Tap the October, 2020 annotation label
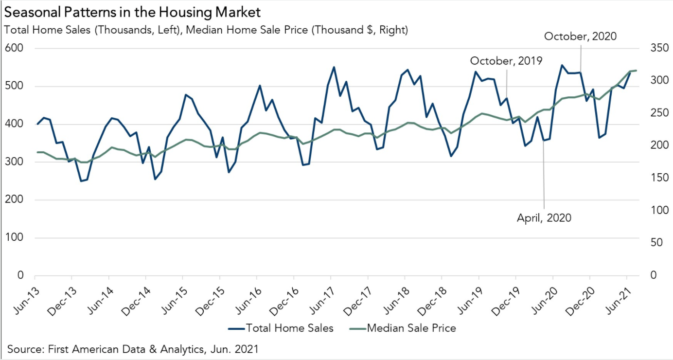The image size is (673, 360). (580, 36)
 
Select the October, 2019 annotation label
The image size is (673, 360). (506, 61)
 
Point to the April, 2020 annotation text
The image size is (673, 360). (544, 217)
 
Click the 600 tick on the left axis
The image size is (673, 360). (15, 49)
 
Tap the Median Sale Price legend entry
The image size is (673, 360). (403, 328)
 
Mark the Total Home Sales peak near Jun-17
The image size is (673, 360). (334, 67)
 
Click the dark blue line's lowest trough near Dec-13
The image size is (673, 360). (81, 181)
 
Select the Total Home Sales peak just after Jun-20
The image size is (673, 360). (562, 65)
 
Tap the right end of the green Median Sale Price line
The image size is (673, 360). (637, 71)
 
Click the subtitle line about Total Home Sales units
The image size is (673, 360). (206, 30)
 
